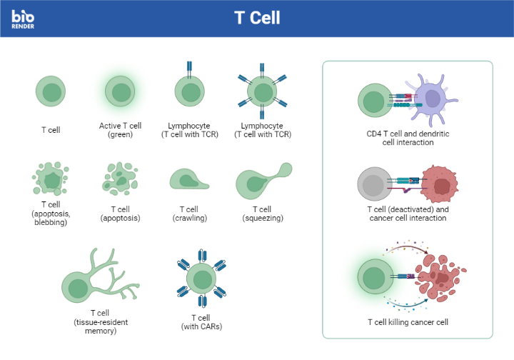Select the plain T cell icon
[x=51, y=91]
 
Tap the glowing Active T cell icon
[x=121, y=91]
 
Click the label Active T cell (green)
[x=121, y=129]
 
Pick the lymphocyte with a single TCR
[x=190, y=91]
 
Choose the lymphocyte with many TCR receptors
[x=263, y=92]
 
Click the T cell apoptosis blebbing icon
[x=51, y=179]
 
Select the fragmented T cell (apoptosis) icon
[x=120, y=179]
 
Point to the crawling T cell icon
[x=188, y=179]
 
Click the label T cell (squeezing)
[x=263, y=214]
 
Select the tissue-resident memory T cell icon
[x=100, y=279]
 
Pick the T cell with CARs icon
[x=201, y=279]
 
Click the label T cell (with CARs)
[x=201, y=321]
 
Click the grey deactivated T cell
[x=373, y=184]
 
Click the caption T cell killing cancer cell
[x=408, y=322]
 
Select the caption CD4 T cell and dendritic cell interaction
[x=408, y=137]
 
